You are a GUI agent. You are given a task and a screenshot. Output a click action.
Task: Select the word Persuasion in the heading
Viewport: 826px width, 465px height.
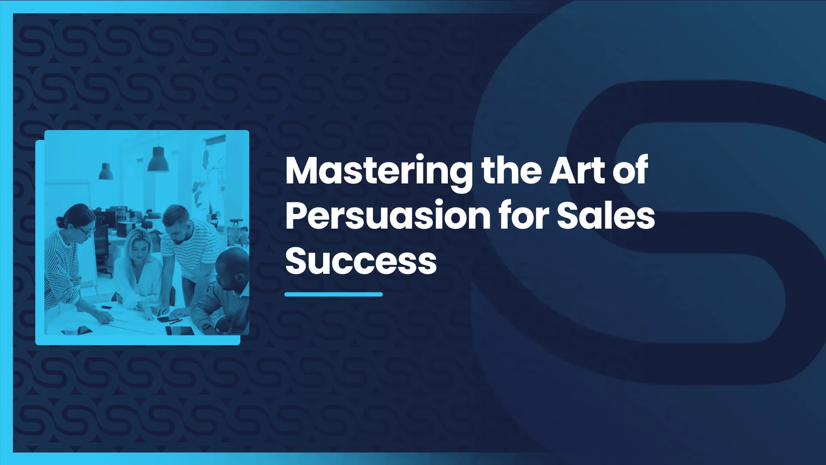388,216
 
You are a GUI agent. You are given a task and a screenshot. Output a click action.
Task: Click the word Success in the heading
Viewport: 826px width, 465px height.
361,261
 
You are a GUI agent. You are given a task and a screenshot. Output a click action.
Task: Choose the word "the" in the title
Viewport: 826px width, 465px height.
511,170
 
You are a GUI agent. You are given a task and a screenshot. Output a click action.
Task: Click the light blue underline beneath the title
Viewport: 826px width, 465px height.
333,294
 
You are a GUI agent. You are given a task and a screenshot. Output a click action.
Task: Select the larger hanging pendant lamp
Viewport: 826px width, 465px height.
158,160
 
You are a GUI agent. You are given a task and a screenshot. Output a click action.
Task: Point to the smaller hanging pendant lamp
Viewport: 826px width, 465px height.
106,172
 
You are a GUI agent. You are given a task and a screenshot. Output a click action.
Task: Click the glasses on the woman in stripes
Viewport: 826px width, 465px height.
88,232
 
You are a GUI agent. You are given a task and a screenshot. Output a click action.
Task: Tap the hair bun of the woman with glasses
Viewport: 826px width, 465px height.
60,222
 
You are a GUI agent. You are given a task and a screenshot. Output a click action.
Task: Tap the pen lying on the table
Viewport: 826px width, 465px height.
176,321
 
